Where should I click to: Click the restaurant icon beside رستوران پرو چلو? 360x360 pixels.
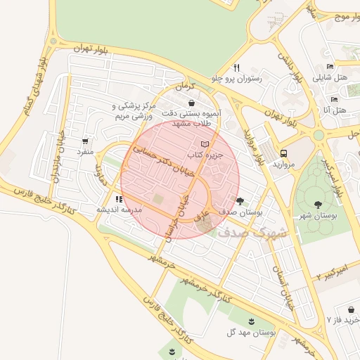click(x=238, y=68)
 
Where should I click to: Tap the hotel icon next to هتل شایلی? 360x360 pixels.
click(x=330, y=67)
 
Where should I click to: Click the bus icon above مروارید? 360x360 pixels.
click(x=283, y=153)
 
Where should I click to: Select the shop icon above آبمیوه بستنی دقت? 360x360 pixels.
click(x=191, y=103)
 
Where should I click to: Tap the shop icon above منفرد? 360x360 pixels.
click(x=86, y=141)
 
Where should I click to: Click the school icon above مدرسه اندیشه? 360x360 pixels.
click(x=119, y=200)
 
